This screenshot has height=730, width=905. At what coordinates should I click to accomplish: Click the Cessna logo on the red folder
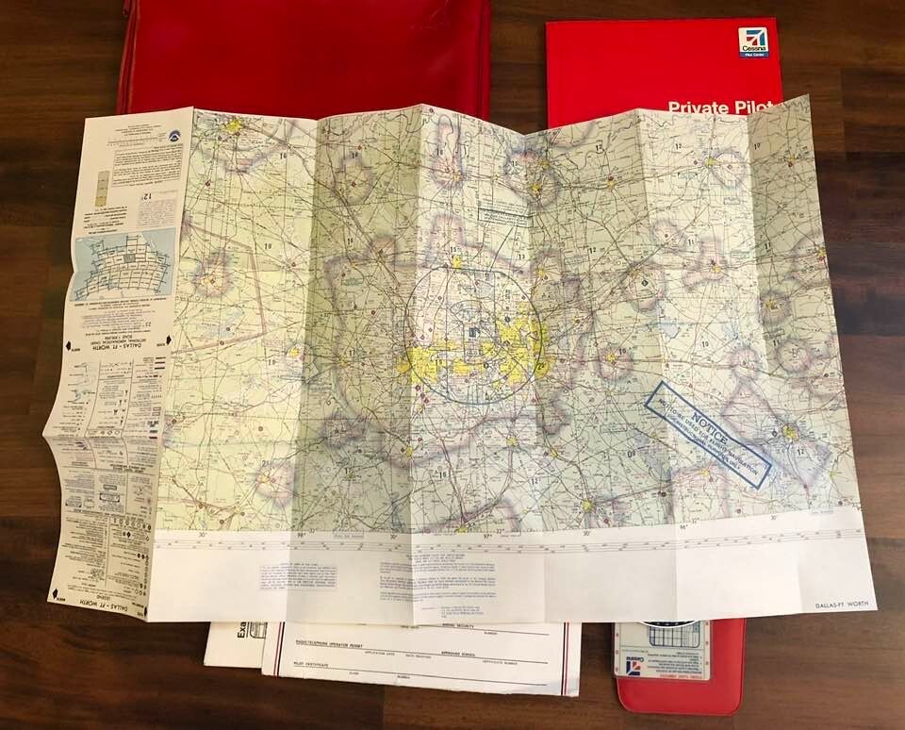click(x=753, y=42)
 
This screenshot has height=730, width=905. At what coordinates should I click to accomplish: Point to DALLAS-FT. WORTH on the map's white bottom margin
click(x=834, y=603)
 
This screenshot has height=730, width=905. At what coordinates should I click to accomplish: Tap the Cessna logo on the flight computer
click(x=633, y=668)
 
